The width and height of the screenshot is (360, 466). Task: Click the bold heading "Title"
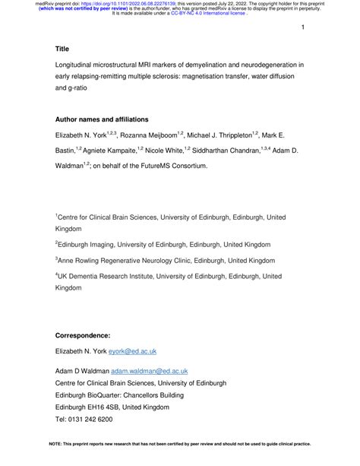point(62,48)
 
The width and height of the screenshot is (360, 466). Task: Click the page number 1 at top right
point(302,27)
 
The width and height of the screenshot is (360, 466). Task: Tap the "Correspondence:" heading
point(83,335)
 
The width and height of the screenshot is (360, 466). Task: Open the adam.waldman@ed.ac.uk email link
point(149,370)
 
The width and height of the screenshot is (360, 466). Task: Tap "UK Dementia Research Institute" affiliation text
point(112,277)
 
